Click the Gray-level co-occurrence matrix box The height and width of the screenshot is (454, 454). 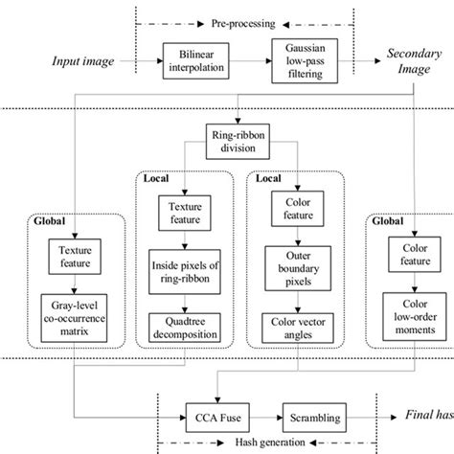point(75,320)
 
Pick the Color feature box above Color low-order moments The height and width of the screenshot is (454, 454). point(408,255)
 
